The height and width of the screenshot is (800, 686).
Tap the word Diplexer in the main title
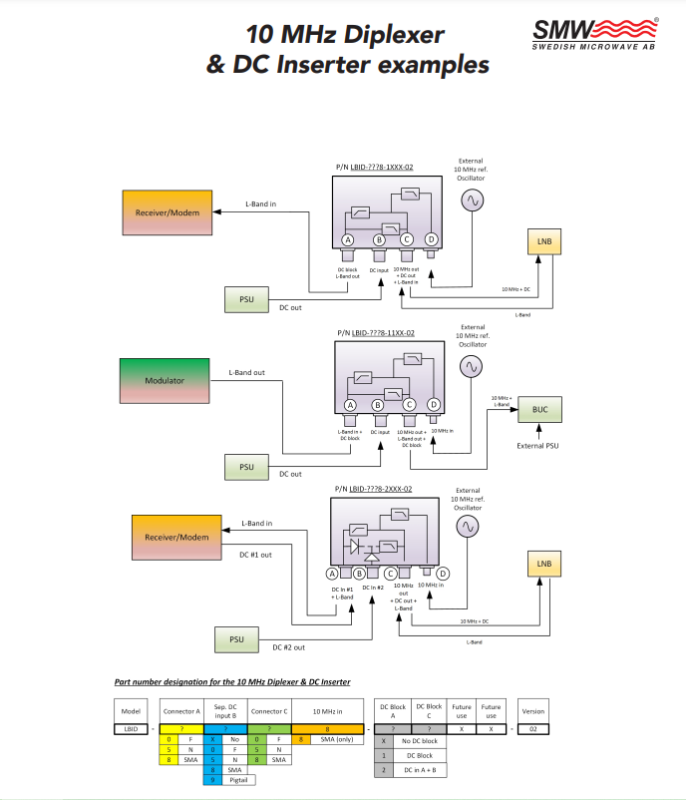coord(384,35)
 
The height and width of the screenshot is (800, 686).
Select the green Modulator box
coord(165,381)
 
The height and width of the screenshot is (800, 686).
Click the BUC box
coord(540,409)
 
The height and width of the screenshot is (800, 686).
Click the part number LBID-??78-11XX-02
coord(382,333)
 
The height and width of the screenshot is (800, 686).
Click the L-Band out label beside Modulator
coord(246,373)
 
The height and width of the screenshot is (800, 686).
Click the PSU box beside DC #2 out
coord(237,638)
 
